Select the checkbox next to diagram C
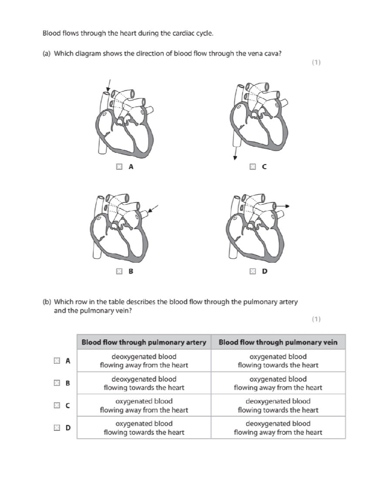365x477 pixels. tap(252, 166)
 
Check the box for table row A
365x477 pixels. tap(56, 361)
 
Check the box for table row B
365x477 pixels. tap(56, 383)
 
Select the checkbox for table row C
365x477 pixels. tap(56, 405)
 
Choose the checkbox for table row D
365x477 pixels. tap(56, 427)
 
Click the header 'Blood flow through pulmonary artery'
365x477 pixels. tap(144, 342)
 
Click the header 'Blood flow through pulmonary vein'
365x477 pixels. tap(278, 342)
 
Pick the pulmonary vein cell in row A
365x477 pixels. tap(278, 361)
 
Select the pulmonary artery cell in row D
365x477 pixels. tap(144, 428)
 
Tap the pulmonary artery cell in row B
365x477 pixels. tap(144, 383)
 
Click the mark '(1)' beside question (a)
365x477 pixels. tap(316, 63)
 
